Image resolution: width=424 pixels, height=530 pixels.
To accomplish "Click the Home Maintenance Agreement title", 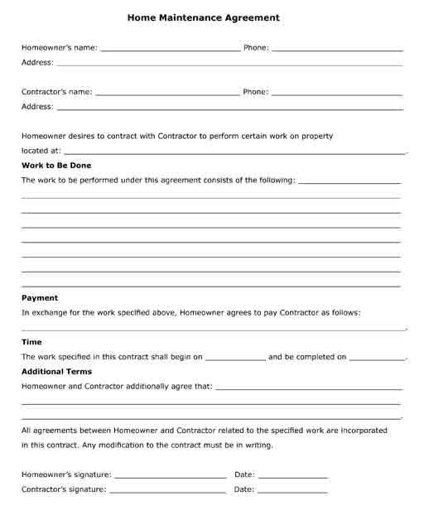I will [204, 17].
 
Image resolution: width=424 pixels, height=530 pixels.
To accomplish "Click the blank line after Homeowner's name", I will [170, 49].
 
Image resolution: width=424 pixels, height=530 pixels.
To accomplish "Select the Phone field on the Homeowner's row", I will [337, 49].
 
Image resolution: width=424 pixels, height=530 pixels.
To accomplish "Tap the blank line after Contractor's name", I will [167, 94].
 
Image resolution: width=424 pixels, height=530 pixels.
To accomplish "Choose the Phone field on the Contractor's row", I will [337, 94].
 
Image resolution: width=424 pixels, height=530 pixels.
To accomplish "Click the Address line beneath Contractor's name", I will [230, 108].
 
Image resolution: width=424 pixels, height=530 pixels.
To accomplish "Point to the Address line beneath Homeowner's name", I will [230, 64].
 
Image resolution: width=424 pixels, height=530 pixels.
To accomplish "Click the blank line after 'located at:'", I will [235, 152].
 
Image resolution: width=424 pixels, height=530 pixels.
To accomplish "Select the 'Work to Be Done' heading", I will [56, 166].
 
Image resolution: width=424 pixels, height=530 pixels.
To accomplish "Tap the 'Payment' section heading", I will [40, 298].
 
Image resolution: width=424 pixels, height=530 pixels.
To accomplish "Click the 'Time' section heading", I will [31, 342].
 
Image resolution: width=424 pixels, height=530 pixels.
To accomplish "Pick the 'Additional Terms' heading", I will [56, 372].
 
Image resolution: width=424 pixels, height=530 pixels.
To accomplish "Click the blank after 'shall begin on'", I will [235, 359].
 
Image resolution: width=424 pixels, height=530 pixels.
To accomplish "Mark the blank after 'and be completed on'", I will [378, 359].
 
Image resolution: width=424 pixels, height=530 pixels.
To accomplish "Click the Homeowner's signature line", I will [170, 476].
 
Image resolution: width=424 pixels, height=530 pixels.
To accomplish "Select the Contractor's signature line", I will [167, 491].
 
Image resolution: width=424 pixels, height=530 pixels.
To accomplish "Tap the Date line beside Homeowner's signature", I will [293, 476].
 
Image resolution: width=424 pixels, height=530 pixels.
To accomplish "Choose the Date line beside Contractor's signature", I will [293, 491].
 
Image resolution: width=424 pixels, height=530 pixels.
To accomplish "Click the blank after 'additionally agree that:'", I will [308, 388].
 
